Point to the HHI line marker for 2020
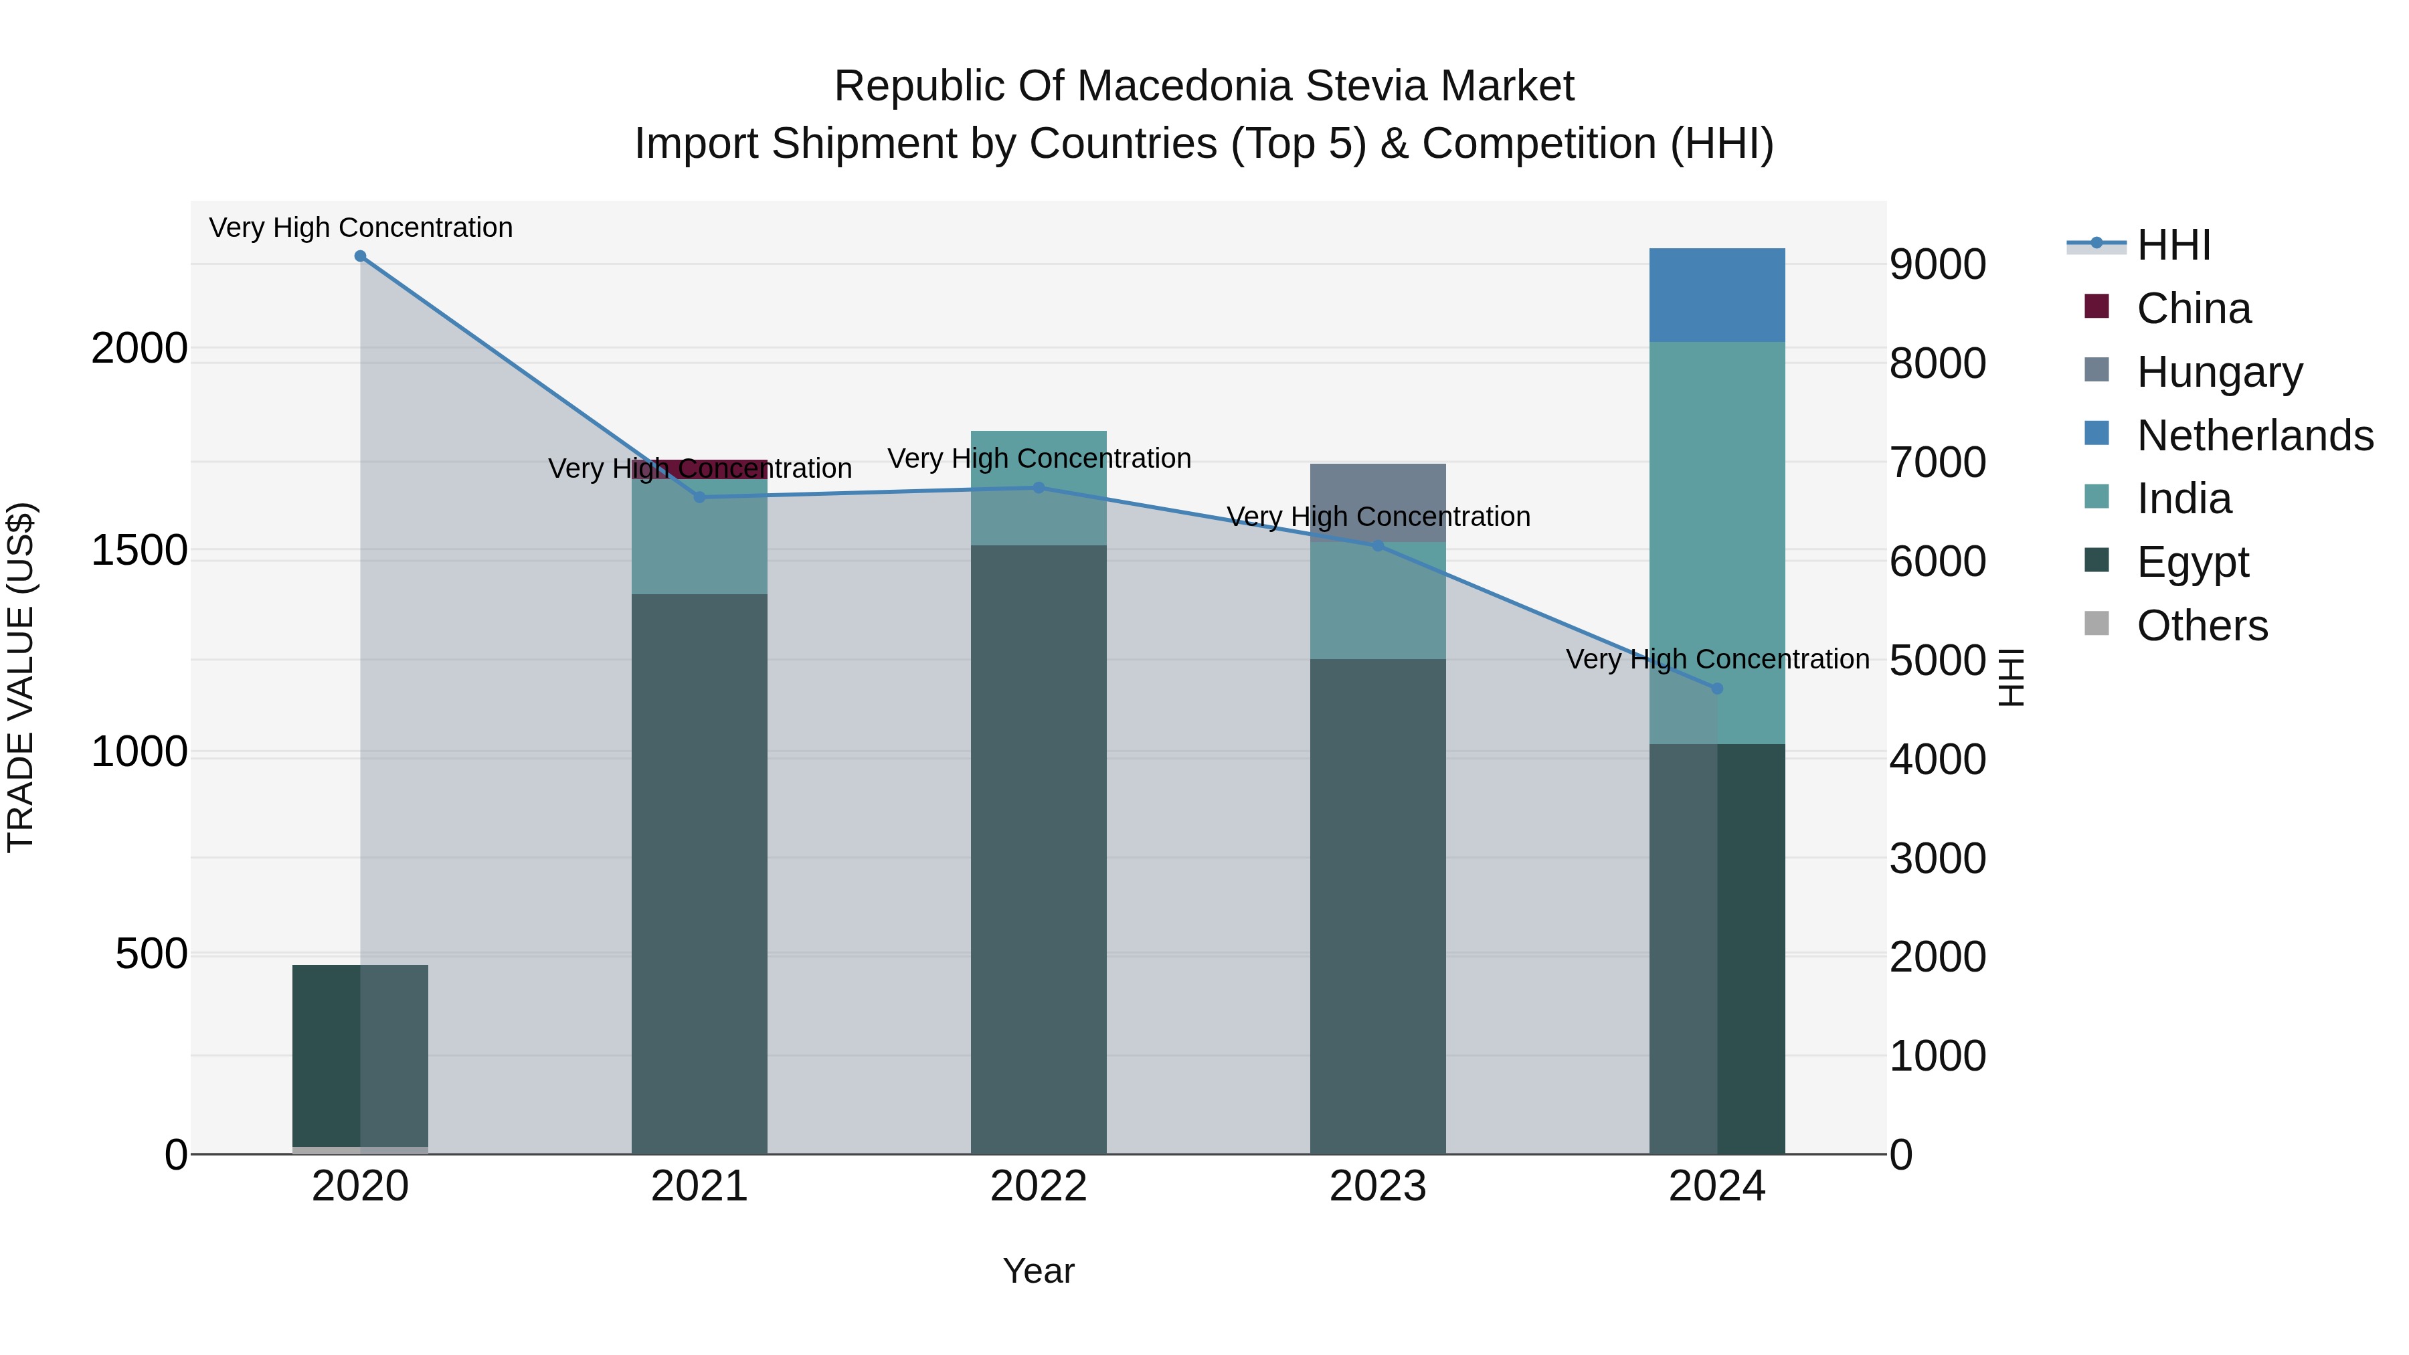[x=360, y=256]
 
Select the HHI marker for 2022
[x=1038, y=487]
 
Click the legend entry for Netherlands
[x=2254, y=436]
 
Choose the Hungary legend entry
[x=2218, y=372]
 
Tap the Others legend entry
[x=2202, y=626]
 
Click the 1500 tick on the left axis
[x=139, y=551]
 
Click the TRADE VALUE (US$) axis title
[x=21, y=677]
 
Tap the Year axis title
[x=1038, y=1271]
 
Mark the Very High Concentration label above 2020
[x=360, y=228]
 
